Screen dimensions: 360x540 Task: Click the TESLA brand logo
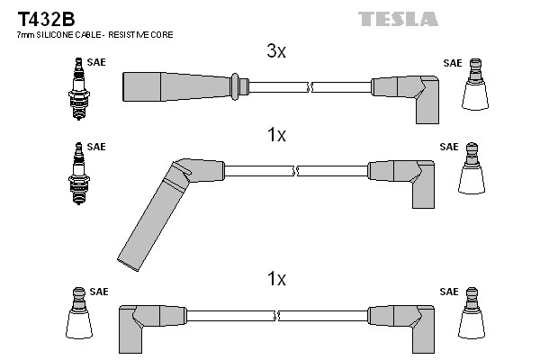[x=398, y=18]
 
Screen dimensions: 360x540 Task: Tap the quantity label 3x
[x=276, y=52]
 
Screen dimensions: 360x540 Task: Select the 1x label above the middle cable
[x=276, y=136]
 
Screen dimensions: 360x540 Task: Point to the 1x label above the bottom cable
[x=276, y=279]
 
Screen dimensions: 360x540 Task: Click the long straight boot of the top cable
[x=176, y=85]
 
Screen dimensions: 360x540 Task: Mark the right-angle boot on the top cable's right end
[x=410, y=95]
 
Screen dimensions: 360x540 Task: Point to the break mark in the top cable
[x=310, y=86]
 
